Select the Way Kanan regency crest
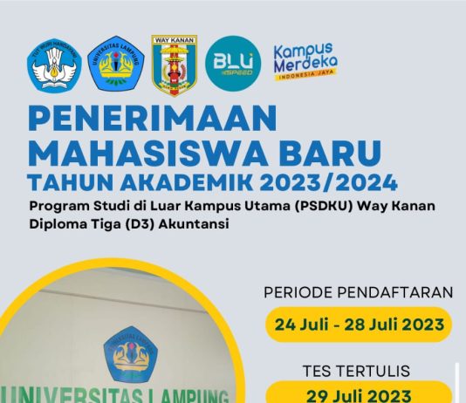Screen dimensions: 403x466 (x=175, y=65)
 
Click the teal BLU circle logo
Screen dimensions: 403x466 (x=233, y=61)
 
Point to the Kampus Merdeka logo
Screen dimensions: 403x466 (x=305, y=60)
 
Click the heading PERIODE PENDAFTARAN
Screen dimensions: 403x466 (x=358, y=291)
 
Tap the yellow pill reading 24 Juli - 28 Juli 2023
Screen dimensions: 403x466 (x=359, y=324)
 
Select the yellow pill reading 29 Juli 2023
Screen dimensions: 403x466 (x=359, y=394)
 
